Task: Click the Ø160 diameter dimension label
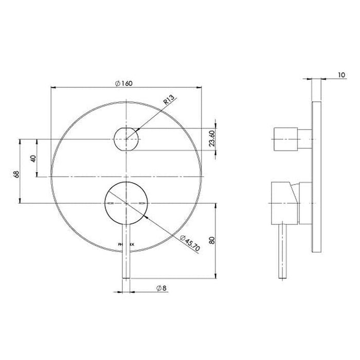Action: pyautogui.click(x=125, y=83)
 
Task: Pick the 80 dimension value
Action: pyautogui.click(x=212, y=240)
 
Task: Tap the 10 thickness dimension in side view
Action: pyautogui.click(x=341, y=75)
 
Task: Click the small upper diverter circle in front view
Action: pyautogui.click(x=127, y=139)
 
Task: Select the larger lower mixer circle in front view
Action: pyautogui.click(x=127, y=204)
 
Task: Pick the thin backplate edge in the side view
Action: pyautogui.click(x=317, y=175)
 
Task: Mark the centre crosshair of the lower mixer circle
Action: pyautogui.click(x=127, y=204)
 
